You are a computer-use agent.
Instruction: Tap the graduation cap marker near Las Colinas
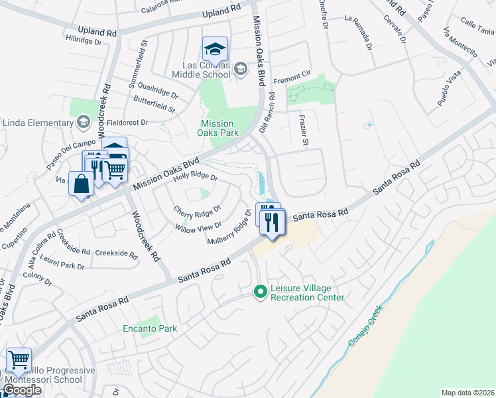click(x=215, y=49)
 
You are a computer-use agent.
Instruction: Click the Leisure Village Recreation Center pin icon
click(x=261, y=291)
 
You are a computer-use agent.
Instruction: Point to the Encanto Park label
click(x=149, y=328)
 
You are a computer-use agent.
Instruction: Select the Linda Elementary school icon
click(x=84, y=122)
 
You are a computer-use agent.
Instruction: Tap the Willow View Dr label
click(x=198, y=228)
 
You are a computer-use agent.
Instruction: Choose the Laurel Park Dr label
click(x=62, y=266)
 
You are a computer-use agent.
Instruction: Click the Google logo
click(x=22, y=390)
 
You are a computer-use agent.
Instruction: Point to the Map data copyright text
click(x=467, y=393)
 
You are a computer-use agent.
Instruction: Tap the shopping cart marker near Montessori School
click(x=19, y=360)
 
